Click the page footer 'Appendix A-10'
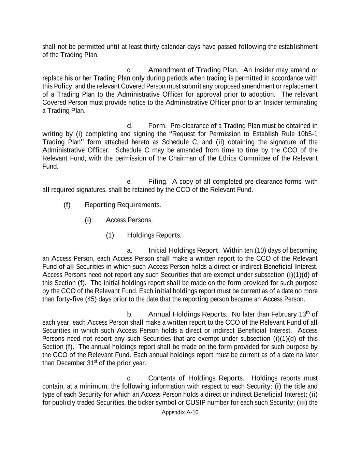click(x=180, y=412)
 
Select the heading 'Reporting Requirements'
click(x=122, y=205)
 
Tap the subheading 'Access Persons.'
click(x=129, y=220)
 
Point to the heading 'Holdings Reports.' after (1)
click(x=154, y=235)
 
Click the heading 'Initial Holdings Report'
click(x=184, y=250)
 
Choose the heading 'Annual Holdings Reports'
click(x=187, y=314)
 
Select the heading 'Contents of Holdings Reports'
click(x=196, y=378)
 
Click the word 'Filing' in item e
click(x=157, y=181)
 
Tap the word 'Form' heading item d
click(x=157, y=126)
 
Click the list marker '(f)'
click(x=67, y=205)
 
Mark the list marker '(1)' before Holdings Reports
click(x=110, y=235)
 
